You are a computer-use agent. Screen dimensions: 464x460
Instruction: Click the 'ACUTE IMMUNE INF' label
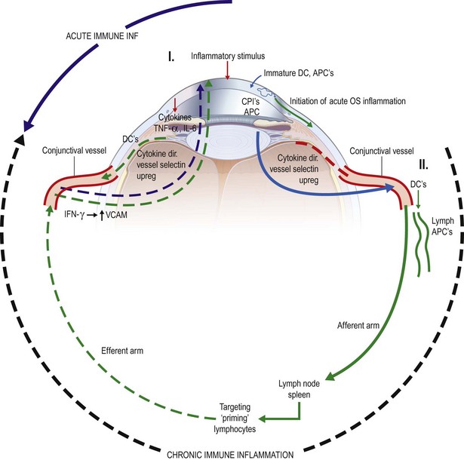(102, 36)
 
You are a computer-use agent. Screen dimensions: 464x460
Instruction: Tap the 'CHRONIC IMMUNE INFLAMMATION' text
(230, 455)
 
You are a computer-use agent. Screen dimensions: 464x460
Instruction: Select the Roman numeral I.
(171, 57)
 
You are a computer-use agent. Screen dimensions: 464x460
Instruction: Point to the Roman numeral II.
(423, 164)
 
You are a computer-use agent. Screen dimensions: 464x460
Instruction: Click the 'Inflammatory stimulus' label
(228, 56)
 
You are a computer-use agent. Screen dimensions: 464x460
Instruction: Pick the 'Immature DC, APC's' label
(299, 73)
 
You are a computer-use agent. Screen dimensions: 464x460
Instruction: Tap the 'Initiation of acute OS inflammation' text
(348, 101)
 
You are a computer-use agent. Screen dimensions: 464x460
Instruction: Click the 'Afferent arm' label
(358, 326)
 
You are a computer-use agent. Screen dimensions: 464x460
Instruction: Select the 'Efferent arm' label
(122, 351)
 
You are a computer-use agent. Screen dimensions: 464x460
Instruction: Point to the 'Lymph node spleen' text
(299, 389)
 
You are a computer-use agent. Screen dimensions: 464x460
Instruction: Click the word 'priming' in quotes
(235, 419)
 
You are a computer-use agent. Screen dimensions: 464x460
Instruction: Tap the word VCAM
(116, 214)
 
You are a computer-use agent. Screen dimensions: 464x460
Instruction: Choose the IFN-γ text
(74, 214)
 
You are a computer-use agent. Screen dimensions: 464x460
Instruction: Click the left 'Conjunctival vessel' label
(74, 150)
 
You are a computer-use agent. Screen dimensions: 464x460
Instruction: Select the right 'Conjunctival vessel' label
(382, 151)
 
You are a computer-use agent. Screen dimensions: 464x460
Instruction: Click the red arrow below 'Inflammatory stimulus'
(227, 71)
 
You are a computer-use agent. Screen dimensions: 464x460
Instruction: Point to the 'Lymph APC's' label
(442, 226)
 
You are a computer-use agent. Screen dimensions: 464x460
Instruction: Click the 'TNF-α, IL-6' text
(175, 128)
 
